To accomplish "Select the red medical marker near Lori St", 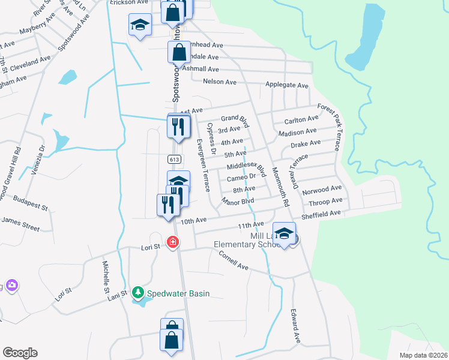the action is click(x=173, y=242).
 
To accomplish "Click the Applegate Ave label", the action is click(x=287, y=86).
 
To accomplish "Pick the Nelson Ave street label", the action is click(x=220, y=82).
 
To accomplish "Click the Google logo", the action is click(x=20, y=352).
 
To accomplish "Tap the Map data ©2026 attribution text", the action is click(x=423, y=355).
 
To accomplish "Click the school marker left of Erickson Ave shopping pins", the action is click(x=140, y=26).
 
